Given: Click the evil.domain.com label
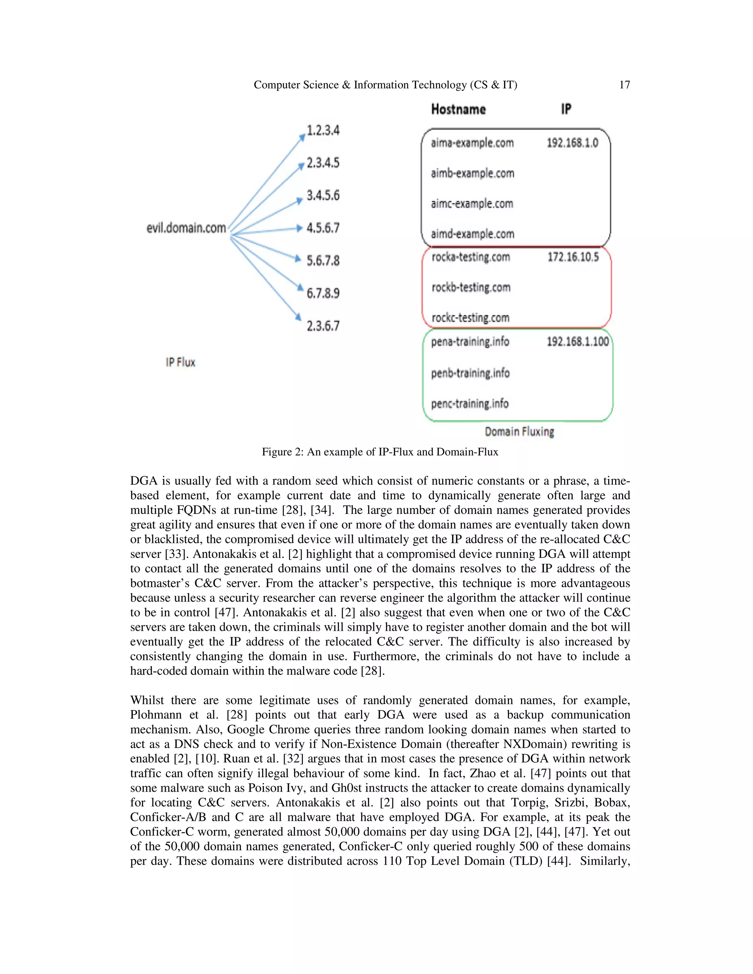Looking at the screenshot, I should click(x=186, y=228).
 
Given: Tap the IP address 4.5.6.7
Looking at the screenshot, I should click(x=323, y=228).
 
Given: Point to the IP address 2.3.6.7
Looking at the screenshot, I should click(x=323, y=326).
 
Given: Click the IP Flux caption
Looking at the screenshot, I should click(x=180, y=362).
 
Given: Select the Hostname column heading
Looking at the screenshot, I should click(x=458, y=109).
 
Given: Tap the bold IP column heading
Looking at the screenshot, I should click(x=565, y=109).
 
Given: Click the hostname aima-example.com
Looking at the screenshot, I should click(x=472, y=143).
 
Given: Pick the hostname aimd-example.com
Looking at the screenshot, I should click(x=472, y=234).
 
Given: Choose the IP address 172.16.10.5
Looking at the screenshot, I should click(x=573, y=257).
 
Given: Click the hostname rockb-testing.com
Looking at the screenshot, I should click(x=471, y=288).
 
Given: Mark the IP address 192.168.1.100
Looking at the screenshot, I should click(x=578, y=341).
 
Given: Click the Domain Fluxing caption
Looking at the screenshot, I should click(x=519, y=432).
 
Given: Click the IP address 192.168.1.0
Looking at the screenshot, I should click(x=572, y=143).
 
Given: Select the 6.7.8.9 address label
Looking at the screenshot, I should click(x=323, y=293).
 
